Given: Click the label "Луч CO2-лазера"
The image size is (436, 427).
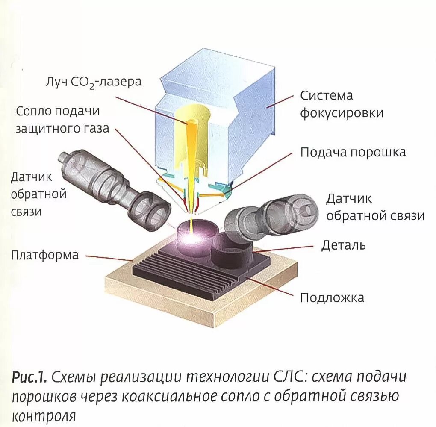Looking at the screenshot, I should (x=93, y=82).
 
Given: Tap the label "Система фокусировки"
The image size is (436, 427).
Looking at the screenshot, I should (x=341, y=104).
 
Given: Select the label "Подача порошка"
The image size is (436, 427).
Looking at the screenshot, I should (x=353, y=153).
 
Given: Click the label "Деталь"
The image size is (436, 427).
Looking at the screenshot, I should (x=343, y=245).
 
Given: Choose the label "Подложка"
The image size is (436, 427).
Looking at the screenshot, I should (x=332, y=297).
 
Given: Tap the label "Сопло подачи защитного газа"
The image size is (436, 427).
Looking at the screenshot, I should (x=62, y=120).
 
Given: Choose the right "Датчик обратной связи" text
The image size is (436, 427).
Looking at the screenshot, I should (x=375, y=207).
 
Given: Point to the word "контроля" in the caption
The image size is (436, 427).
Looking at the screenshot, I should (x=43, y=415).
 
